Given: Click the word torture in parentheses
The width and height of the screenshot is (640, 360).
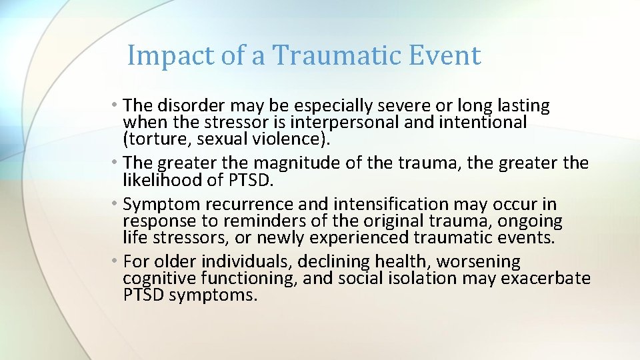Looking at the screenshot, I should (154, 139).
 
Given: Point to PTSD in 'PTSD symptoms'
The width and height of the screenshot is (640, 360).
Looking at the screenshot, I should (143, 295).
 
